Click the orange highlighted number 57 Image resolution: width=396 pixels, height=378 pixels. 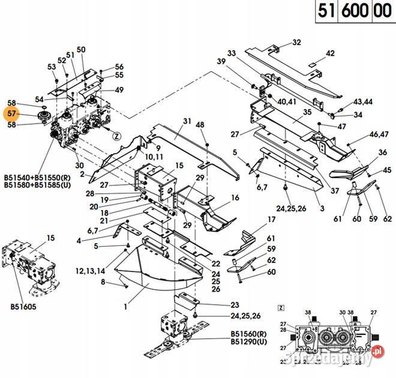coord(11,114)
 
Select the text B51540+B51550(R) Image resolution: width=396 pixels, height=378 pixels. coord(37,178)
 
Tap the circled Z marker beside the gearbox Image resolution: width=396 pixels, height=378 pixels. coord(118,136)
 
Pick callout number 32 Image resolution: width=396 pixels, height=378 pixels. coord(296,43)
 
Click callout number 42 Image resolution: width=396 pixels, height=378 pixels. coord(330,53)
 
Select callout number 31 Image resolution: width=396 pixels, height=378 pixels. coord(187,122)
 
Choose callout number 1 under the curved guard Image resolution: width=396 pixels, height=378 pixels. coord(125,307)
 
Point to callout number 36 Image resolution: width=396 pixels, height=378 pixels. coord(383,154)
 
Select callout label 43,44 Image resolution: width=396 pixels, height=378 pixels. coord(362,102)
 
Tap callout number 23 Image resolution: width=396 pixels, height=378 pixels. coord(234,305)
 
